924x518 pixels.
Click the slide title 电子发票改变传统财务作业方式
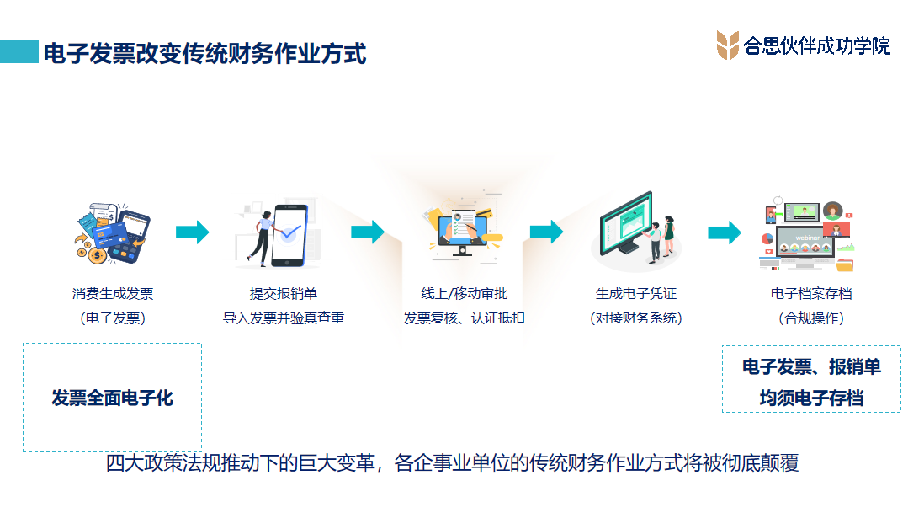coord(204,53)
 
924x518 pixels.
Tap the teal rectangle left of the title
coord(19,52)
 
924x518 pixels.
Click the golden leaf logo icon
coord(727,45)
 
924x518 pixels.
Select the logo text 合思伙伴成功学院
coord(817,45)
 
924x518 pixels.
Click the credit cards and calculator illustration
coord(112,233)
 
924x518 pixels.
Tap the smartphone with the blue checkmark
coord(289,235)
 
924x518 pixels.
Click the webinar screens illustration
coord(807,234)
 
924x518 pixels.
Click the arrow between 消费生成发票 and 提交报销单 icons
coord(193,232)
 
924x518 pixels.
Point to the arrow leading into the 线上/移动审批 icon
coord(368,232)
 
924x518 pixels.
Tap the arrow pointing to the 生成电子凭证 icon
coord(547,232)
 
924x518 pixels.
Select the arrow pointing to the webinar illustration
coord(725,232)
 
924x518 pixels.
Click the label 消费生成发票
coord(113,293)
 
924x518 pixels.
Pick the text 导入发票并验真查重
coord(284,318)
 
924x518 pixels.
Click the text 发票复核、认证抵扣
coord(464,318)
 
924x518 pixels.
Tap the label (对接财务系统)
coord(636,318)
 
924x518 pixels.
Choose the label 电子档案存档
coord(811,293)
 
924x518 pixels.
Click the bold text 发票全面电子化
coord(112,398)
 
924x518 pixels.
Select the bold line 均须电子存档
coord(811,398)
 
